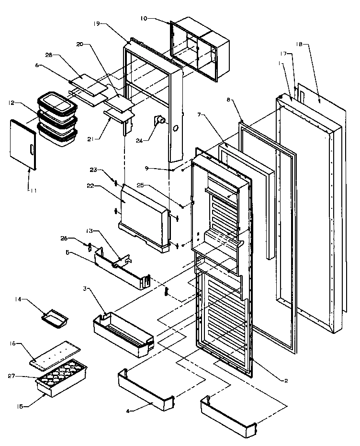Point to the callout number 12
pyautogui.click(x=11, y=102)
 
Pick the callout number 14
pyautogui.click(x=19, y=300)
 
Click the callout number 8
pyautogui.click(x=228, y=101)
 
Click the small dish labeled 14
pyautogui.click(x=55, y=319)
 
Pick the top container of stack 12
pyautogui.click(x=57, y=103)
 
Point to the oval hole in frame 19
pyautogui.click(x=176, y=129)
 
